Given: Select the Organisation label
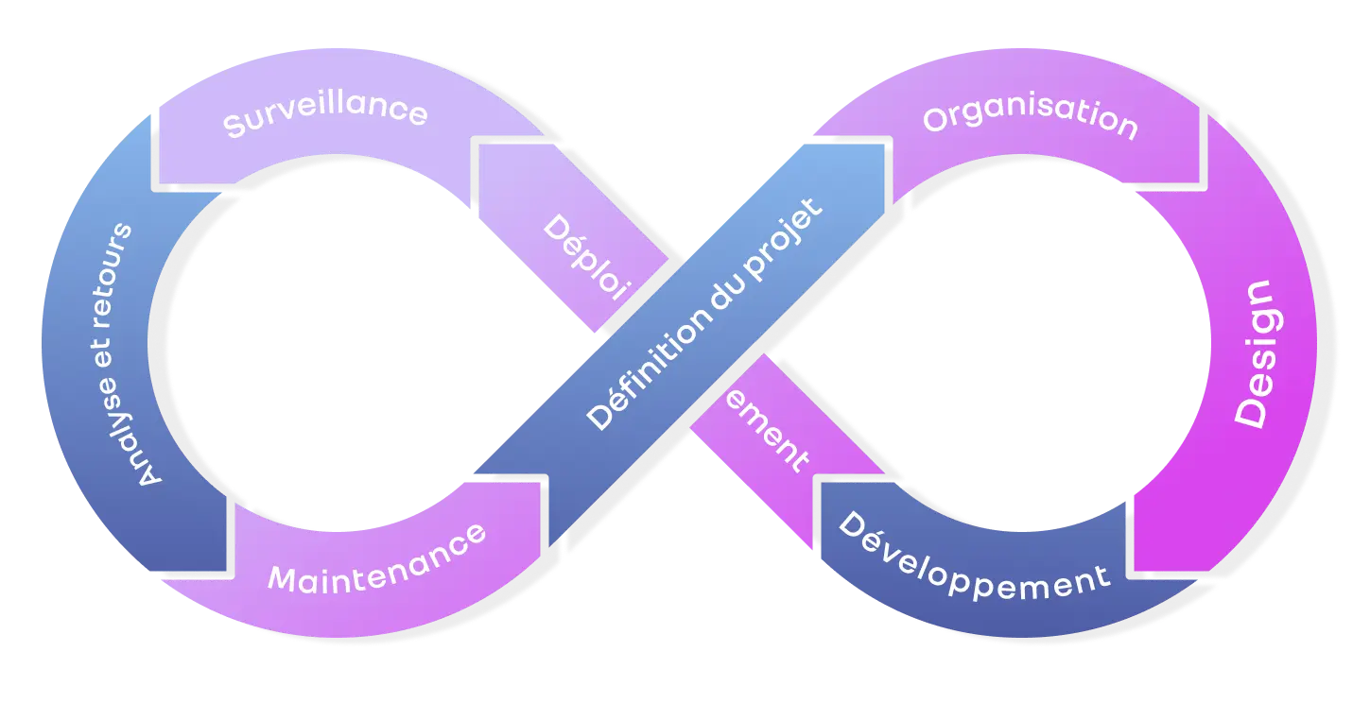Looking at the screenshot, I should (x=1030, y=119).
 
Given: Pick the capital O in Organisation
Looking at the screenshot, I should (x=936, y=120).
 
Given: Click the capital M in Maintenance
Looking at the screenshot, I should (x=282, y=579).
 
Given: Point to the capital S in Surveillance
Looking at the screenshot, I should (x=234, y=127).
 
